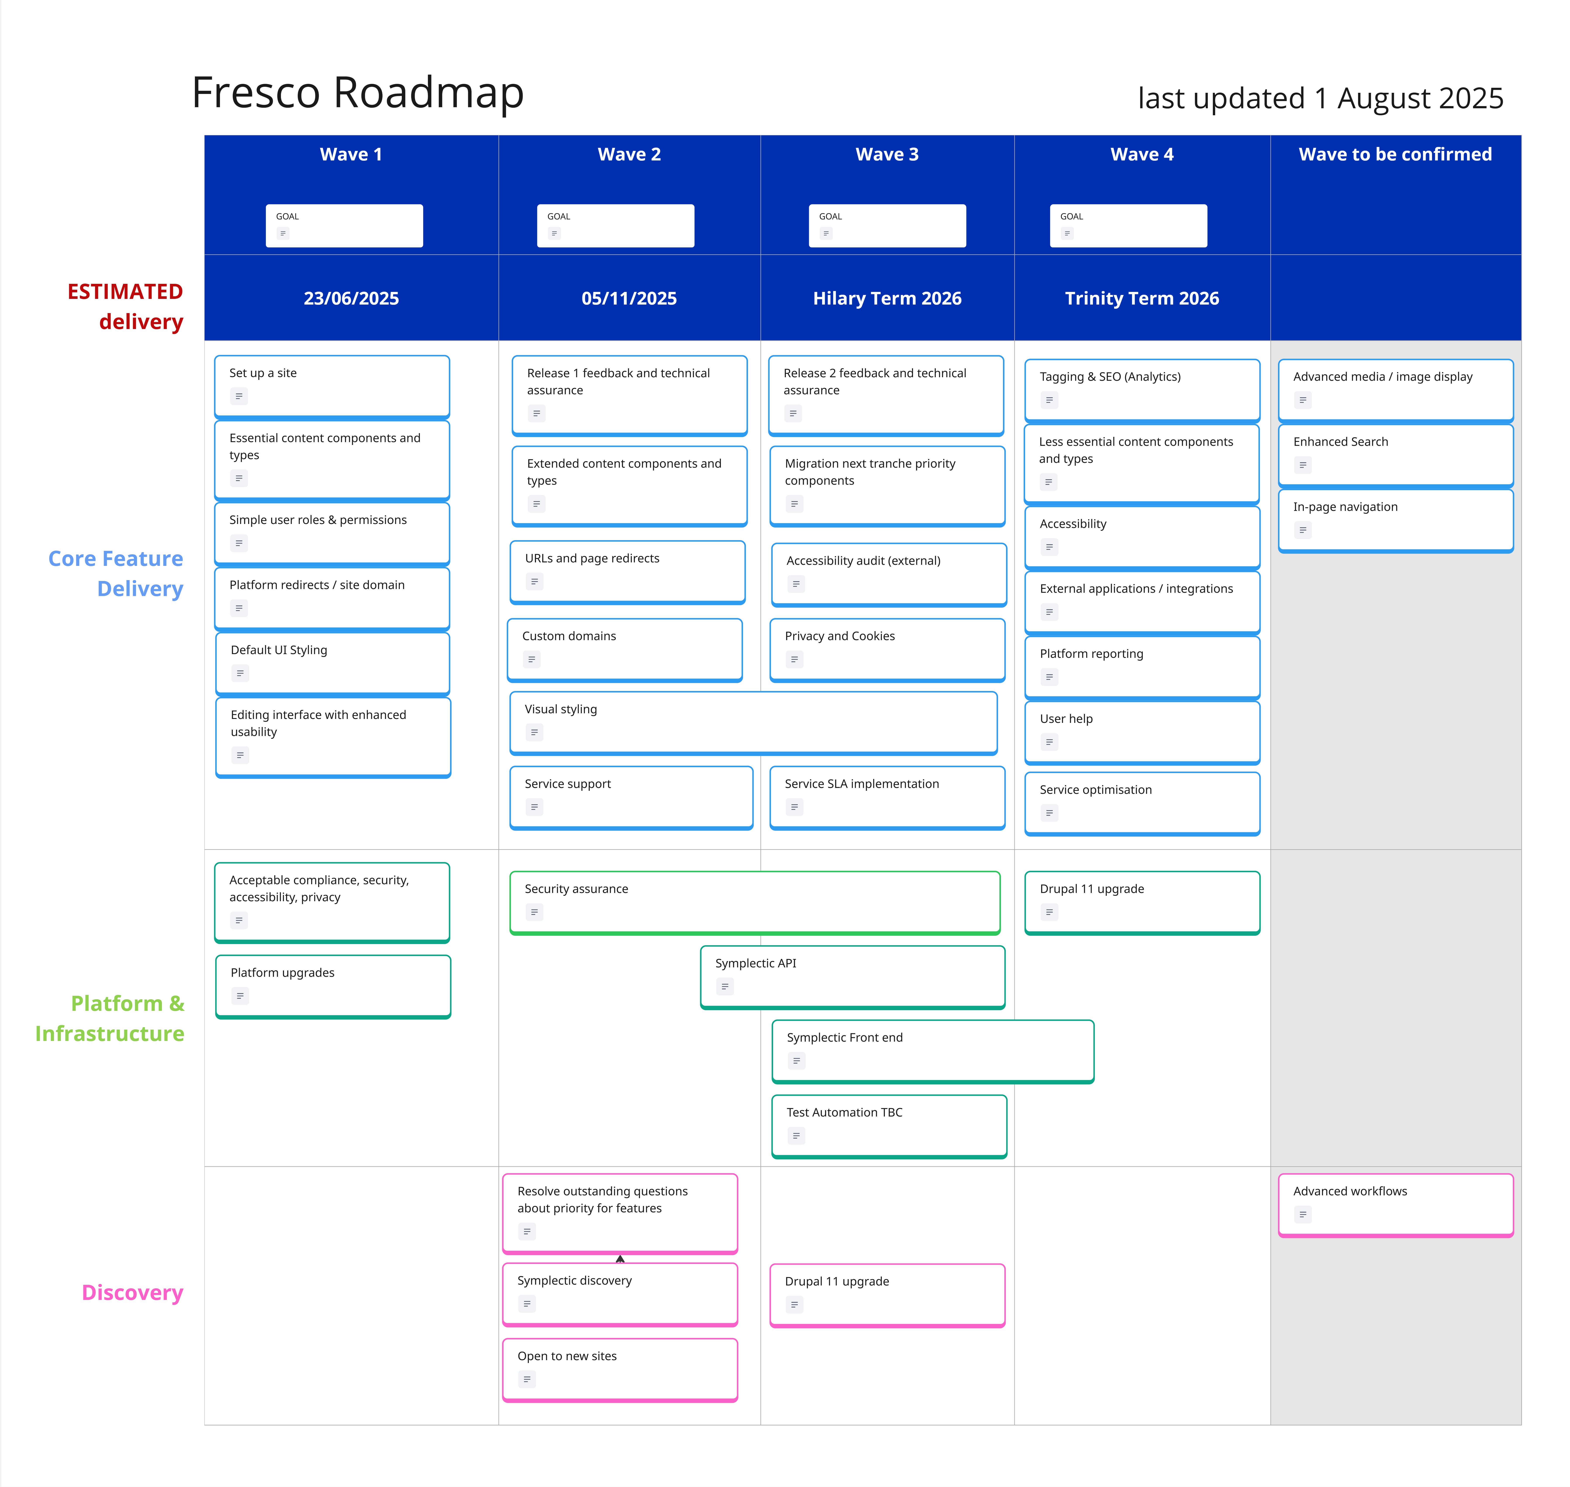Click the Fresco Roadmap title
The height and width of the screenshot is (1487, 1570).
coord(358,93)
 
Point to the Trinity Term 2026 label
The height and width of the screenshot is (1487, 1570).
coord(1141,299)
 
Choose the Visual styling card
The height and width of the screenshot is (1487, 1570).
coord(753,722)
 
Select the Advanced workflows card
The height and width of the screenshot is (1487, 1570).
coord(1395,1204)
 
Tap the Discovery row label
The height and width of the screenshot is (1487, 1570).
coord(132,1293)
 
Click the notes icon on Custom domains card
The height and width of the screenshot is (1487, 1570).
coord(532,660)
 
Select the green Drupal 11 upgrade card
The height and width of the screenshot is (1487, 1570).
coord(1141,902)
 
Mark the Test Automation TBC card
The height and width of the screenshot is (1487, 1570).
coord(888,1125)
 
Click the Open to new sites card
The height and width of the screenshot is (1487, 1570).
coord(620,1369)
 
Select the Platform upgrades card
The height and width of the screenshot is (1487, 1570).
coord(333,985)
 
